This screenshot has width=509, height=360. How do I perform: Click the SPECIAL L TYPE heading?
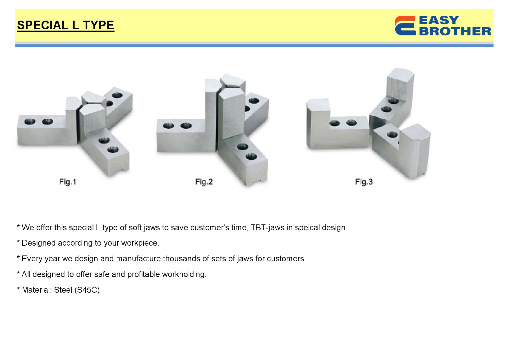66,25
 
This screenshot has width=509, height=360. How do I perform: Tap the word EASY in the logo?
439,20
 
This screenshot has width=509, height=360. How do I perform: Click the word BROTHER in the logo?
455,31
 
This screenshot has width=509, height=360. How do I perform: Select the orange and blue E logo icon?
405,26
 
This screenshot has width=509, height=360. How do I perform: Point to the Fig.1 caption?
68,182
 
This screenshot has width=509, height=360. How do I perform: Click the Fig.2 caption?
204,182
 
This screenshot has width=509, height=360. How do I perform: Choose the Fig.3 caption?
364,182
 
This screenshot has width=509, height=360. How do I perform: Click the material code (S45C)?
87,290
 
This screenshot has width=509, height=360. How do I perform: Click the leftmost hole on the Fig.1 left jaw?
30,121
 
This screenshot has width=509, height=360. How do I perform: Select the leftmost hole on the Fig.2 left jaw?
169,126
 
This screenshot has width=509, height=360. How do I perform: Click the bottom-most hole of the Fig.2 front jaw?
251,156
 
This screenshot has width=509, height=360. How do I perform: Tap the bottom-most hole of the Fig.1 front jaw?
113,150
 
